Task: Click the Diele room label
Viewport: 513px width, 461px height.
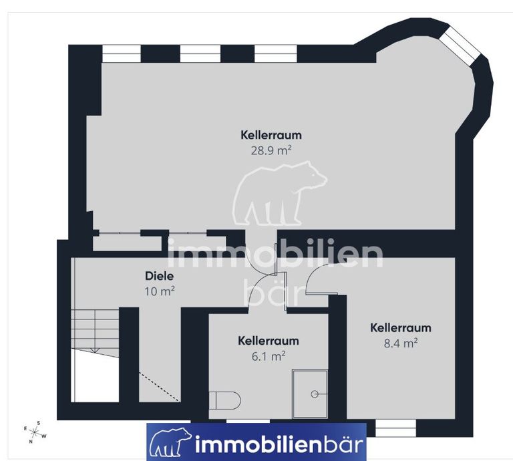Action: pos(160,276)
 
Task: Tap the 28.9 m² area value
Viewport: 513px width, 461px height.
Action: pos(271,150)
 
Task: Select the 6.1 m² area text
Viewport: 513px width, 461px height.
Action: pos(269,356)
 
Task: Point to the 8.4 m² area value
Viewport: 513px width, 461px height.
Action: pos(401,343)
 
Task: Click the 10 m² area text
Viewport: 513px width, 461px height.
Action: pos(160,291)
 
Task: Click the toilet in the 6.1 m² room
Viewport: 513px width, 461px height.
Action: pos(224,400)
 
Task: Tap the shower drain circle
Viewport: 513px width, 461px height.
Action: pos(315,394)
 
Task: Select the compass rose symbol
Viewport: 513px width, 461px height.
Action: pos(35,432)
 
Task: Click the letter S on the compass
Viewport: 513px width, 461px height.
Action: pos(39,423)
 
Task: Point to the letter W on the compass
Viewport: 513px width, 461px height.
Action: pos(44,436)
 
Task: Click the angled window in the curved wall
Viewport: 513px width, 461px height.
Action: pos(459,46)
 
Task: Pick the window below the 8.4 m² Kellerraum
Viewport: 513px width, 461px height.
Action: pos(395,428)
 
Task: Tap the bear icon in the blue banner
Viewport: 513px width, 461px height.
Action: pos(170,442)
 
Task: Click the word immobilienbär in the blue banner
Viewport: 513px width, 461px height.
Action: pos(279,444)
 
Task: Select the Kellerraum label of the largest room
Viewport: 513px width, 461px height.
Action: pos(271,135)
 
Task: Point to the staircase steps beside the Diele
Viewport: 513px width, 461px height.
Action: pos(95,331)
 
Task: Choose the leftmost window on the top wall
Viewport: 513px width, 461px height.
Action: pos(122,53)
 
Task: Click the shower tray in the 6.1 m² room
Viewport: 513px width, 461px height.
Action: pos(310,394)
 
